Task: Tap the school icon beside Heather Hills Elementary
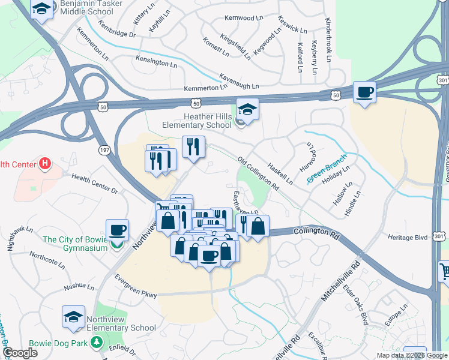point(247,109)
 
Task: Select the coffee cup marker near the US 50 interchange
point(364,92)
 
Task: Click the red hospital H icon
point(44,163)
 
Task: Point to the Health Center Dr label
point(95,183)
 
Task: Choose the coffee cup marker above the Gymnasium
point(117,230)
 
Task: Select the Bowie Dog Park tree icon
point(96,343)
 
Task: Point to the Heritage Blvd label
point(408,238)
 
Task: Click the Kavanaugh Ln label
point(239,81)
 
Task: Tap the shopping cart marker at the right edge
point(444,271)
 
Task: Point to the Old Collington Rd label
point(259,174)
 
